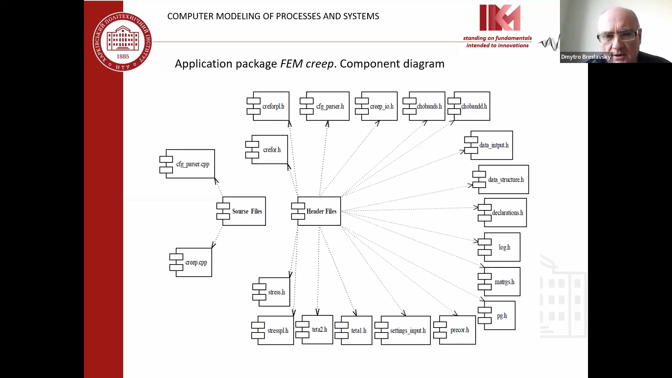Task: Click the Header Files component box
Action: (x=316, y=211)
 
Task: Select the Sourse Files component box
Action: (x=241, y=211)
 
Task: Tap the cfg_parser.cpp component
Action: (x=188, y=164)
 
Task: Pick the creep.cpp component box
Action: (x=191, y=262)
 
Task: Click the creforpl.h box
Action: (x=268, y=106)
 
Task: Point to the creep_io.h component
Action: (x=377, y=106)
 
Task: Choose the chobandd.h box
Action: (x=469, y=106)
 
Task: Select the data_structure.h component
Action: (x=501, y=180)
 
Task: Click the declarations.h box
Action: (x=503, y=212)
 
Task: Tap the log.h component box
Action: (x=499, y=247)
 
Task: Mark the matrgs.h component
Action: (x=499, y=282)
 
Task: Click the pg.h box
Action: (x=497, y=316)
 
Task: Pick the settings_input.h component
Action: (x=403, y=330)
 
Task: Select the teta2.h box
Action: (x=315, y=330)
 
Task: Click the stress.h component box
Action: (x=272, y=292)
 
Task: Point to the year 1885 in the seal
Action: (x=122, y=56)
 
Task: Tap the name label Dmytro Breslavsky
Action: (x=586, y=57)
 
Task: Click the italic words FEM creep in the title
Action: (x=307, y=64)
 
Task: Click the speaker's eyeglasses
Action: (x=617, y=36)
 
